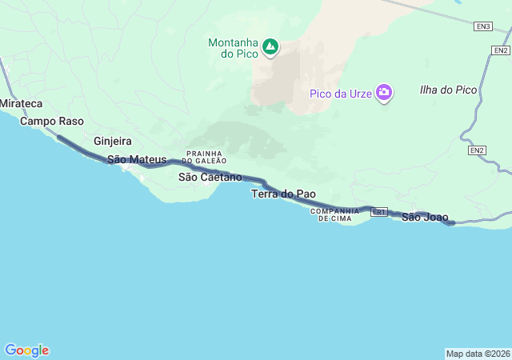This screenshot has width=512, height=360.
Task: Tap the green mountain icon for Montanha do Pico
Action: tap(270, 46)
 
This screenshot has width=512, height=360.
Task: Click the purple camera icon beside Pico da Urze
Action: tap(385, 93)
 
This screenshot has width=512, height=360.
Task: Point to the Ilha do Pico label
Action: tap(448, 90)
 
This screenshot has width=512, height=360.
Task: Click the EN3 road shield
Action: tap(482, 26)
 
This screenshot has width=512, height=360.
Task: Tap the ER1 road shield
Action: tap(379, 212)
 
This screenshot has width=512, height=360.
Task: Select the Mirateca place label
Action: tap(20, 105)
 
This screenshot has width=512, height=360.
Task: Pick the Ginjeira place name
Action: tap(112, 141)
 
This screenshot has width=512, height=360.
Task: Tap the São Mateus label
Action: tap(137, 160)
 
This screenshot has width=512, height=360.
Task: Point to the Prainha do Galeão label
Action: tap(206, 157)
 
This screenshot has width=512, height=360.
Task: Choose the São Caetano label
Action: tap(210, 177)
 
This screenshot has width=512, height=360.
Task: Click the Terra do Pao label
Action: tap(283, 194)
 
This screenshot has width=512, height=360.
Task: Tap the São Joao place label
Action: tap(425, 217)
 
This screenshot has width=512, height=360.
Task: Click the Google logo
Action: tap(26, 350)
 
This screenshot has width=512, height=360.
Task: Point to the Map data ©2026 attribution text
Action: tap(477, 354)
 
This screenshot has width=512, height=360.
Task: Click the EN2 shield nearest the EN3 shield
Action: tap(500, 50)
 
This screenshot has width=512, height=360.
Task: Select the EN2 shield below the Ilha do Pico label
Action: tap(477, 150)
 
